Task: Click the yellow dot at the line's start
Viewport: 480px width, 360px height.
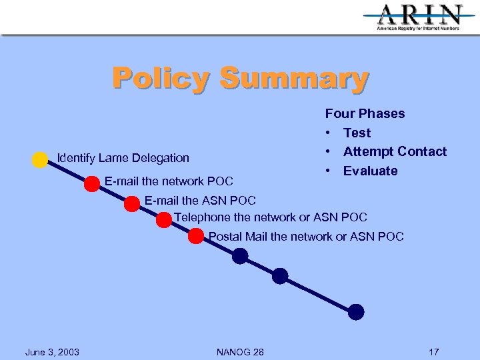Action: click(x=39, y=160)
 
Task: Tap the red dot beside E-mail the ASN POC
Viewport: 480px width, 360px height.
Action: click(x=132, y=204)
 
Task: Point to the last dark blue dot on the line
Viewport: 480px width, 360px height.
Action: click(x=356, y=311)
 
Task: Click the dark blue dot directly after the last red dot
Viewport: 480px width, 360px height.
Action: click(x=240, y=256)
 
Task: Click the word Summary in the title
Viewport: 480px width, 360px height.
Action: click(x=294, y=78)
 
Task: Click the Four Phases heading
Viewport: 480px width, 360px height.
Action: click(x=365, y=113)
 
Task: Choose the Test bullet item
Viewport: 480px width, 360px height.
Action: click(x=357, y=133)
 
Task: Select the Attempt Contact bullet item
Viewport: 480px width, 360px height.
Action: click(x=395, y=151)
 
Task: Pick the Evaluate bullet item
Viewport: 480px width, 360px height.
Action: click(x=370, y=171)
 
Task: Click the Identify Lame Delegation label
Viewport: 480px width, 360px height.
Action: click(x=123, y=158)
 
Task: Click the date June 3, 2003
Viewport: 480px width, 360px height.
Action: click(x=52, y=352)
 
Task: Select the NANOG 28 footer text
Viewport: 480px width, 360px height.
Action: click(x=240, y=352)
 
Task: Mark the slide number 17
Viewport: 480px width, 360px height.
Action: click(x=434, y=352)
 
